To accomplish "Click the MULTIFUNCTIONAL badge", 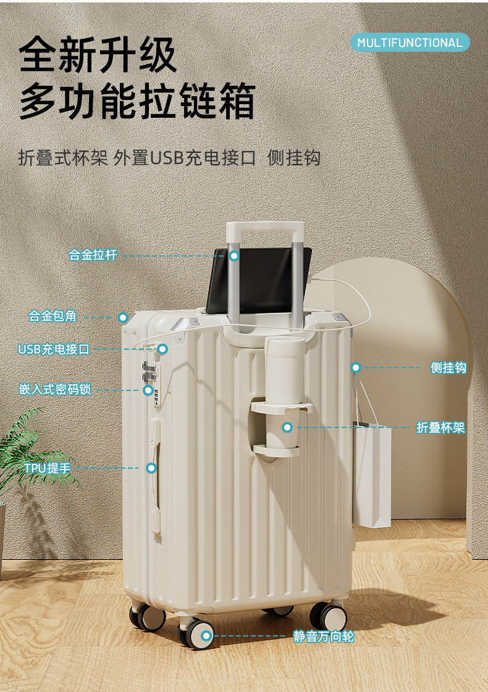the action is click(x=410, y=43).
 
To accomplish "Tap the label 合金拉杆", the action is click(x=93, y=255).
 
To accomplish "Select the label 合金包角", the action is click(x=53, y=316).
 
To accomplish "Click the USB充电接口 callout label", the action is click(x=54, y=349).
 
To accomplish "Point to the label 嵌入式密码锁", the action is click(x=55, y=390).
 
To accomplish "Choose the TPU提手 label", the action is click(x=48, y=468).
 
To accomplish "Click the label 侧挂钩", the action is click(x=448, y=368).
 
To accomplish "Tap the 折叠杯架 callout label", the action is click(x=440, y=427).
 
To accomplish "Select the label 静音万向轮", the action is click(x=324, y=636).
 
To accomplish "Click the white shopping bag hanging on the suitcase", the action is click(x=372, y=475).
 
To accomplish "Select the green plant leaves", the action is click(x=25, y=450).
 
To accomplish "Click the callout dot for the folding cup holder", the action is click(x=287, y=427).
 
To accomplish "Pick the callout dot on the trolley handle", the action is click(x=233, y=255).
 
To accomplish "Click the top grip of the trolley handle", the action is click(x=266, y=228).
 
